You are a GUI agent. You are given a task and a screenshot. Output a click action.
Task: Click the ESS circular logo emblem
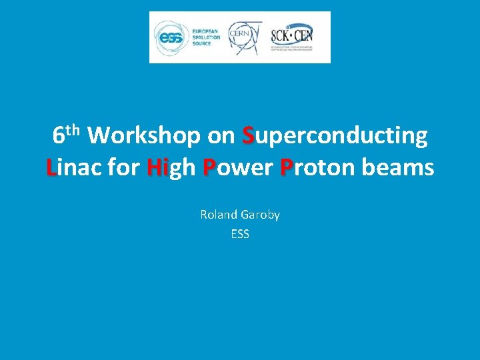tap(169, 37)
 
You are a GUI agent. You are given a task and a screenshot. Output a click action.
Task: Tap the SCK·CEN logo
tap(291, 35)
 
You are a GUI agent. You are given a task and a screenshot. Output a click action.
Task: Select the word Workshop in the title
tap(144, 136)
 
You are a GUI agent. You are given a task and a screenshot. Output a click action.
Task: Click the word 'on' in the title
tap(221, 136)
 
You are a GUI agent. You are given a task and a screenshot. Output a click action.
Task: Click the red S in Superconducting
tap(249, 136)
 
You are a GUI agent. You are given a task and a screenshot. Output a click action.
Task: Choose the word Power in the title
tap(238, 167)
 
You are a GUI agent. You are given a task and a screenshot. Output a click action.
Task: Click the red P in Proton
tap(287, 167)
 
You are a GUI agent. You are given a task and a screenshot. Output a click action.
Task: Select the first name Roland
tap(218, 215)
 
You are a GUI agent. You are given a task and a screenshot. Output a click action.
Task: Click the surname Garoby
tap(259, 215)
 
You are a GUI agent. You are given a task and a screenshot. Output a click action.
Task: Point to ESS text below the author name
tap(240, 234)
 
